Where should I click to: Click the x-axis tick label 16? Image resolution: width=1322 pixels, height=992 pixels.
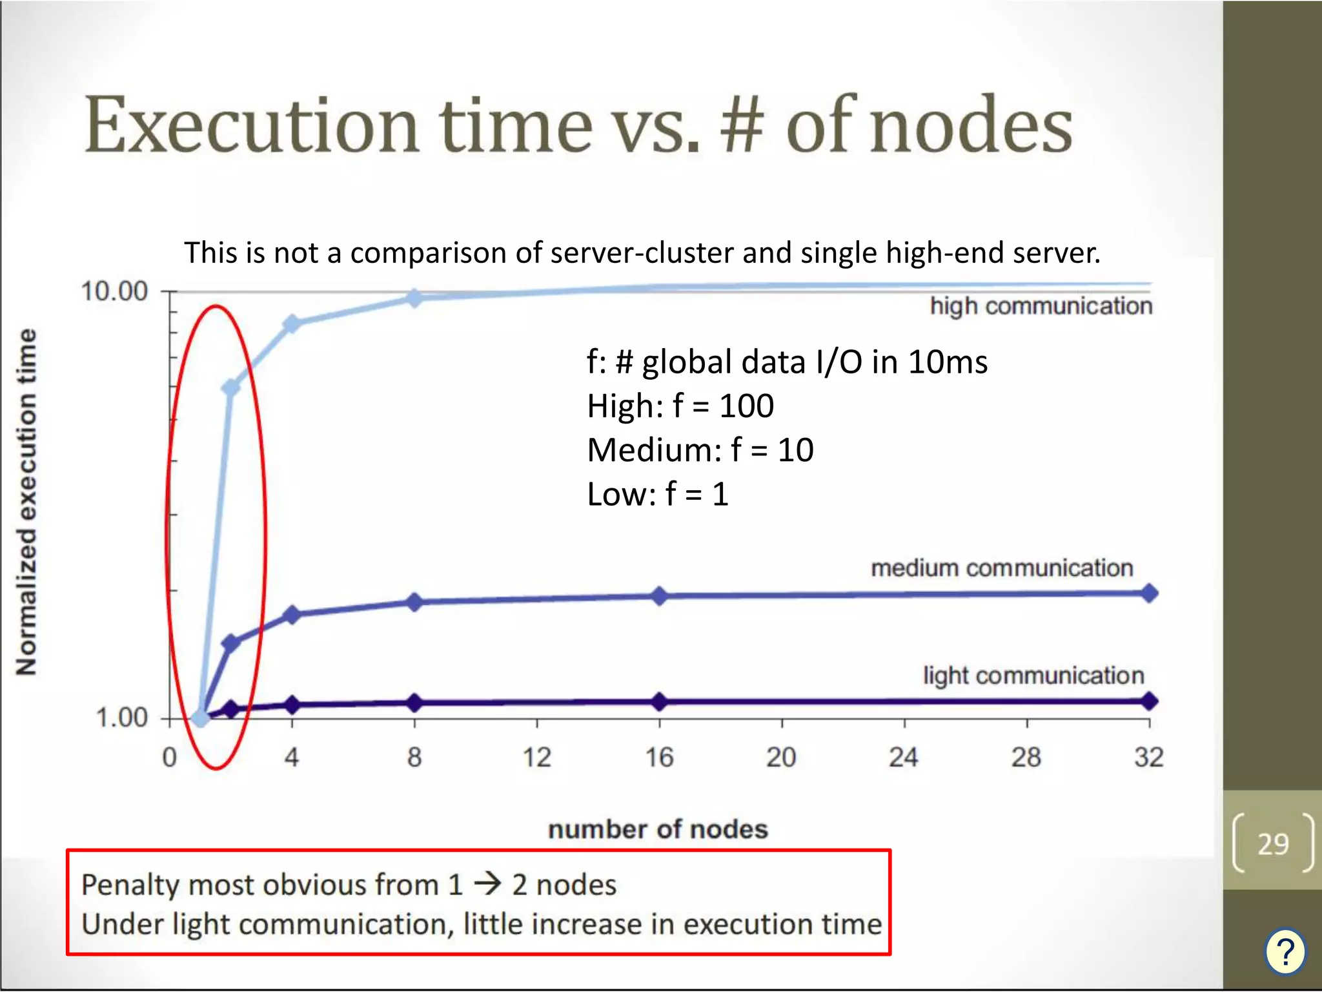pyautogui.click(x=659, y=757)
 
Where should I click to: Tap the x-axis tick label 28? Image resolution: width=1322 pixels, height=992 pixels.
pyautogui.click(x=1026, y=757)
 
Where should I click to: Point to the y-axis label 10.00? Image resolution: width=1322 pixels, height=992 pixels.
pyautogui.click(x=114, y=291)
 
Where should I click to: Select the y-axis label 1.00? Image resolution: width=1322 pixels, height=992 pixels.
pyautogui.click(x=122, y=718)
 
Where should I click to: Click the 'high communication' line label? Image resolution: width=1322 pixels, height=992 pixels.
pyautogui.click(x=1041, y=306)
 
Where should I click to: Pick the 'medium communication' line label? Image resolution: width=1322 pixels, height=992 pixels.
pyautogui.click(x=1002, y=568)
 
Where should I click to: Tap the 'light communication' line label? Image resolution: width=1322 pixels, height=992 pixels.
pyautogui.click(x=1033, y=676)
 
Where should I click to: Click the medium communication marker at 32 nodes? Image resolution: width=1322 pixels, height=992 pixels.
pyautogui.click(x=1149, y=593)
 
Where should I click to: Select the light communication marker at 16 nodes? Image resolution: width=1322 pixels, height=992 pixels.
pyautogui.click(x=659, y=701)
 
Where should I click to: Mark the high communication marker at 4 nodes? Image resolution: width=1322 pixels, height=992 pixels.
pyautogui.click(x=292, y=324)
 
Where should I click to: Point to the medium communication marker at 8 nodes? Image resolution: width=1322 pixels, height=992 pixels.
pyautogui.click(x=414, y=602)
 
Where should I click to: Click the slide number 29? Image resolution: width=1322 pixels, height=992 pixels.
pyautogui.click(x=1273, y=844)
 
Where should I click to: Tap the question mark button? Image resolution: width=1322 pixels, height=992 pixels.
pyautogui.click(x=1285, y=951)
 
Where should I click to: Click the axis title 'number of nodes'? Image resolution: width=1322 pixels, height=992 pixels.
pyautogui.click(x=658, y=829)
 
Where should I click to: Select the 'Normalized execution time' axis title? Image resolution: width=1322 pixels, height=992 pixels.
pyautogui.click(x=26, y=502)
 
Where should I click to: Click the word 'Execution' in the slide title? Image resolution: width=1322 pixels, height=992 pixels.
pyautogui.click(x=252, y=126)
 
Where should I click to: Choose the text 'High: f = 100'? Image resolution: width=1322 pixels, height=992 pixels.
pyautogui.click(x=680, y=406)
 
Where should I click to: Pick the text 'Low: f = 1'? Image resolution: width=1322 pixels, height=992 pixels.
pyautogui.click(x=658, y=494)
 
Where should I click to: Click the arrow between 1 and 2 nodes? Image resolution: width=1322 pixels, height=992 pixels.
pyautogui.click(x=488, y=884)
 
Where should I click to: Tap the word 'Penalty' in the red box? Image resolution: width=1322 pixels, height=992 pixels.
pyautogui.click(x=130, y=885)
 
